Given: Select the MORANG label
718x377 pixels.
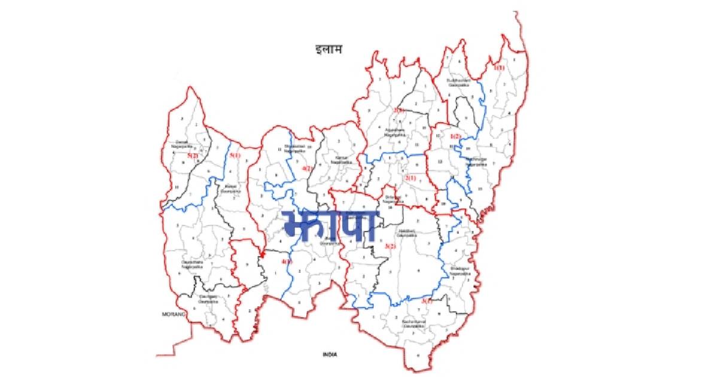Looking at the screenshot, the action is tap(173, 314).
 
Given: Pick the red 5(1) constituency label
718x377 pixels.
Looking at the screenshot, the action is tap(235, 156).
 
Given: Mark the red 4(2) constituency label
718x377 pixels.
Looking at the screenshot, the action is tap(306, 169).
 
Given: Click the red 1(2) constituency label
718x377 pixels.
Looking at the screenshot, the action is tap(456, 136).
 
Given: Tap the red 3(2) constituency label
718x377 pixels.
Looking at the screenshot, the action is tap(391, 246).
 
